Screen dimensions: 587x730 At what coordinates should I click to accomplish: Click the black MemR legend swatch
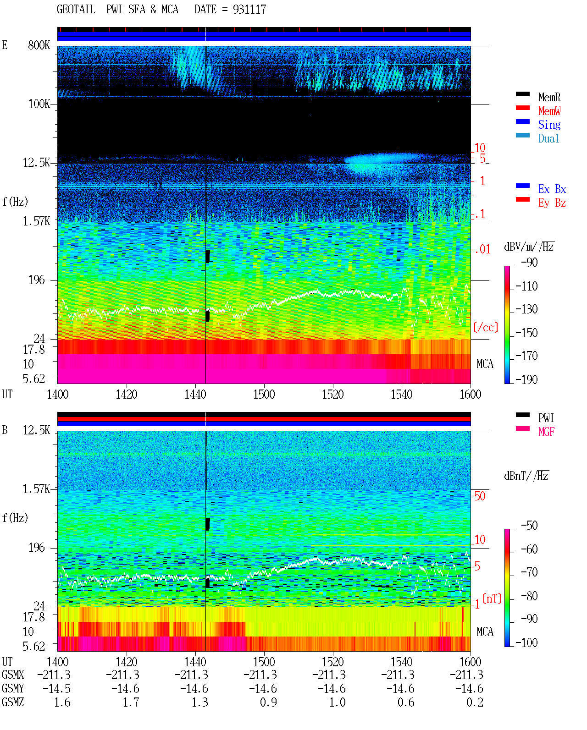pyautogui.click(x=522, y=94)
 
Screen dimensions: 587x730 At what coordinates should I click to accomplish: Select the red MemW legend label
pyautogui.click(x=549, y=111)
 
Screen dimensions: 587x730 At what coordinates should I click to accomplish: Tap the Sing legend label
pyautogui.click(x=549, y=125)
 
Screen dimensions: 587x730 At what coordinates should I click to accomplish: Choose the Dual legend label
pyautogui.click(x=548, y=138)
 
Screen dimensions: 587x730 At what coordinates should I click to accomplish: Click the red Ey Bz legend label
pyautogui.click(x=552, y=203)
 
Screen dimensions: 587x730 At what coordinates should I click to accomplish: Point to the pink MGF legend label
pyautogui.click(x=546, y=432)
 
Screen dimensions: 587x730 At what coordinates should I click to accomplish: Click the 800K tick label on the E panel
pyautogui.click(x=39, y=45)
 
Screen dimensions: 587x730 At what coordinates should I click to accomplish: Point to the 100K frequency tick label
pyautogui.click(x=39, y=104)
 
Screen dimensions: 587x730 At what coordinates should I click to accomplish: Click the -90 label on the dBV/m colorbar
pyautogui.click(x=529, y=262)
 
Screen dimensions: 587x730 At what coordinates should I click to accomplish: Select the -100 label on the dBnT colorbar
pyautogui.click(x=526, y=642)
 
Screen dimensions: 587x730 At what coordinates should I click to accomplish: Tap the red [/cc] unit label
pyautogui.click(x=486, y=327)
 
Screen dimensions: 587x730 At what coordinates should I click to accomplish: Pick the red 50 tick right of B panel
pyautogui.click(x=479, y=496)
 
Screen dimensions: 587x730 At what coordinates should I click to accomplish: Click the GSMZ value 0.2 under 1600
pyautogui.click(x=475, y=702)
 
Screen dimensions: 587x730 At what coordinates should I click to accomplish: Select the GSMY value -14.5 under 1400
pyautogui.click(x=56, y=689)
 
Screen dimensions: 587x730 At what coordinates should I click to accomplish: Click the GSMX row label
pyautogui.click(x=13, y=675)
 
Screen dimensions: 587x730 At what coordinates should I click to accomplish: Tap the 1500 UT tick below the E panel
pyautogui.click(x=264, y=394)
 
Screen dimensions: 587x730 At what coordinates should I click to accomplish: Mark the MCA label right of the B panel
pyautogui.click(x=485, y=631)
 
